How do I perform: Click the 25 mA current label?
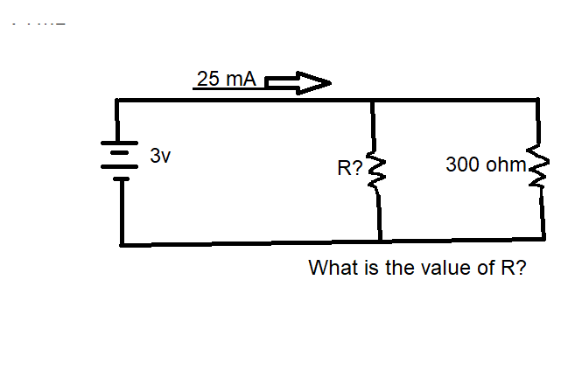point(226,79)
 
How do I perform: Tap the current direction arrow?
point(298,83)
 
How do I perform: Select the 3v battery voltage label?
point(160,157)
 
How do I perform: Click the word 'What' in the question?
point(333,268)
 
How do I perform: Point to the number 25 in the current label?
point(209,79)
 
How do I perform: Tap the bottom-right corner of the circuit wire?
point(543,238)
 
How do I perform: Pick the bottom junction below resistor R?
point(380,241)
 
